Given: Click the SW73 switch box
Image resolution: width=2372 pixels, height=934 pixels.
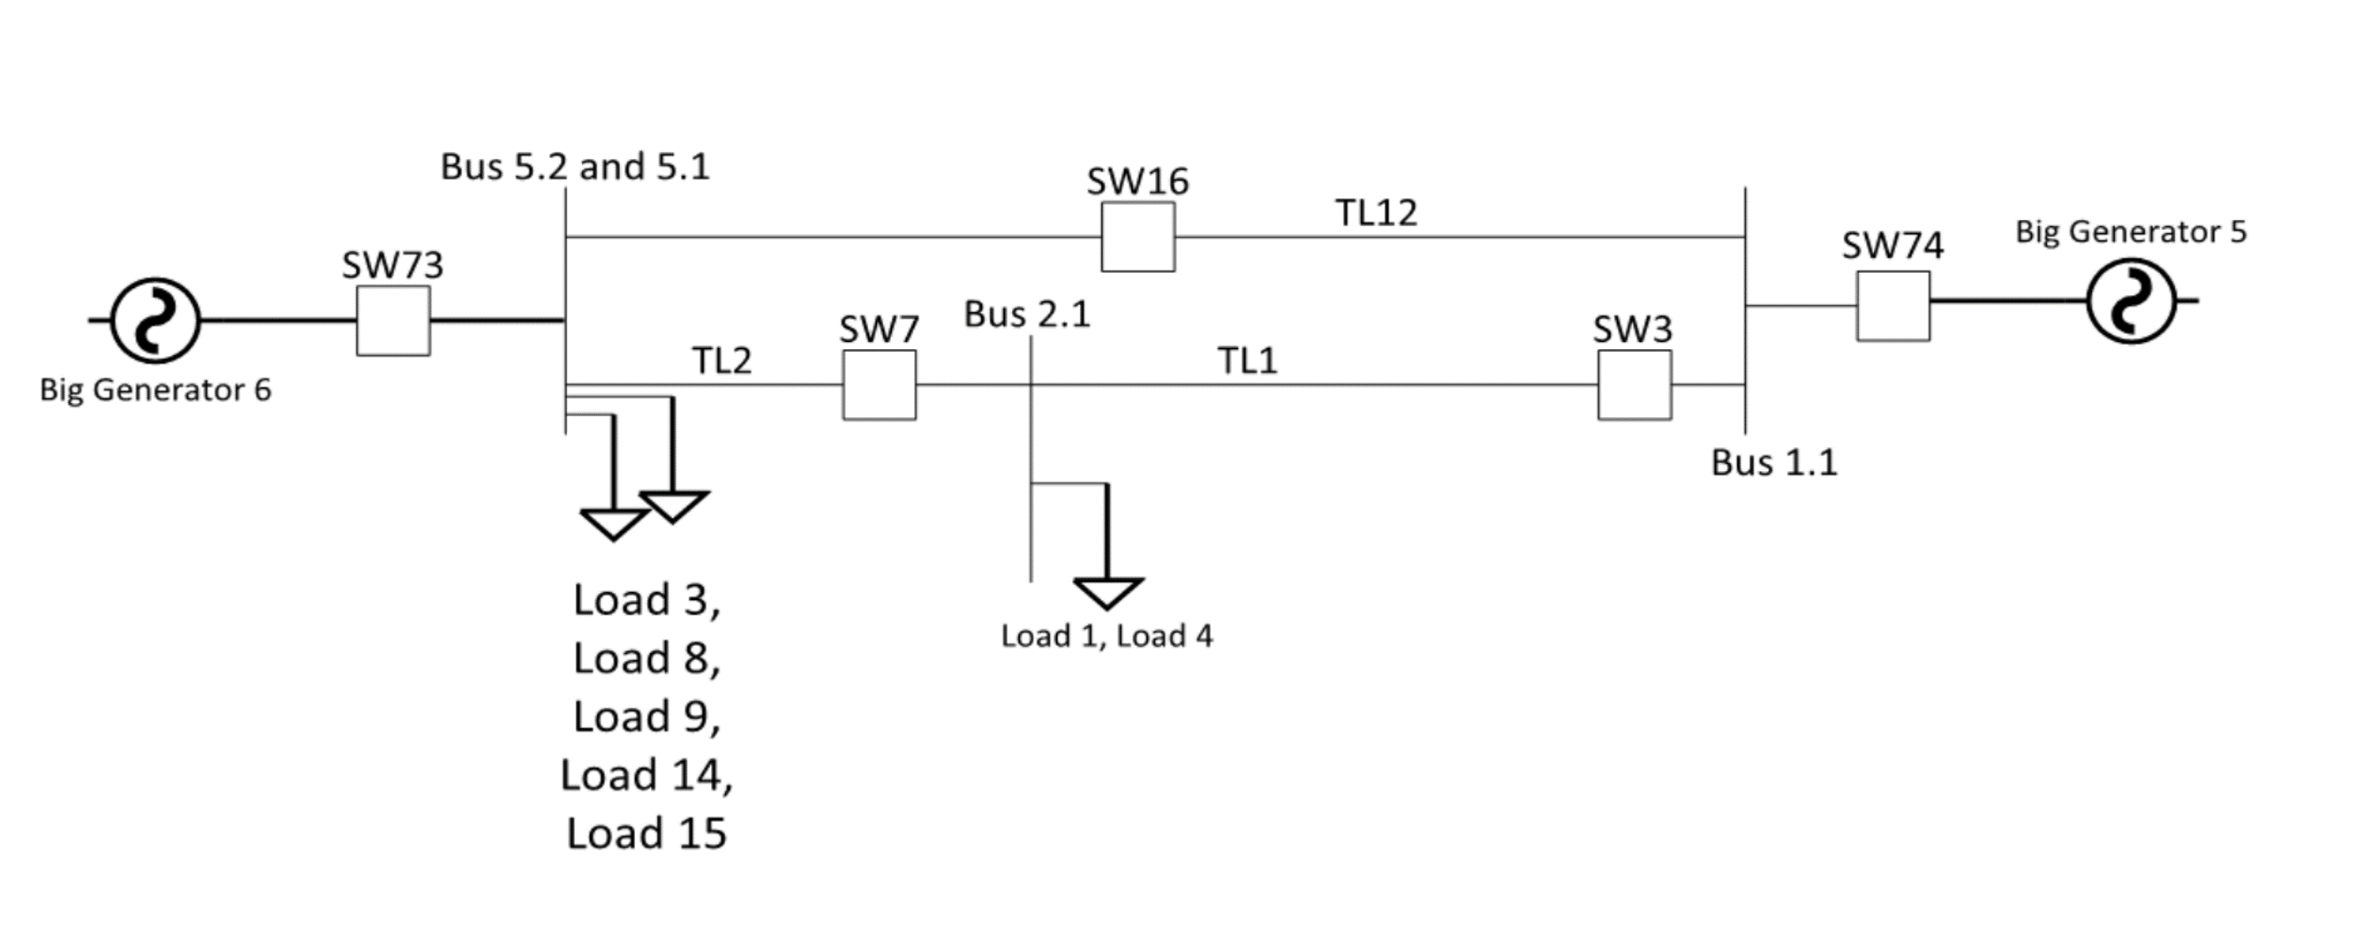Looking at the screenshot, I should pos(393,321).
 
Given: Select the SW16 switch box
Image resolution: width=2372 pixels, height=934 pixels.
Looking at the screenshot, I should pos(1138,237).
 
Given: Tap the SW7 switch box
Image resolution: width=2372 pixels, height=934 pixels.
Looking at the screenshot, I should pos(880,385).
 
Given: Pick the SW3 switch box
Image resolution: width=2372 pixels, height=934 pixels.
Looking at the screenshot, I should pos(1635,385).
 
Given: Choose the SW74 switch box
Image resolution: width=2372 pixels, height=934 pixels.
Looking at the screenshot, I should pos(1893,306).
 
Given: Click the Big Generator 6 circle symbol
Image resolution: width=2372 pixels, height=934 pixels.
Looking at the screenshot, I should pos(155,321).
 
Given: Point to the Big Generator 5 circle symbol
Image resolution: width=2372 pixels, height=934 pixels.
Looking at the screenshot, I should pos(2132,301).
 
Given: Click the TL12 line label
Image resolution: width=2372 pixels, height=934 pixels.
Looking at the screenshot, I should pos(1377,213).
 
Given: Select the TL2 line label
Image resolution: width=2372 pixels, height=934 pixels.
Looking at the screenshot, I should pos(721,361).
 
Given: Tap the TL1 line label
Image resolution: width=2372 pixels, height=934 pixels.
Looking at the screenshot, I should pos(1248,361).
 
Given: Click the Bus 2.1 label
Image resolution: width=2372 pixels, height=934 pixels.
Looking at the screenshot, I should pos(1027,314).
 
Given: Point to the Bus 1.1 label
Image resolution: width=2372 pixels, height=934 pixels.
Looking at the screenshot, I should pos(1773,462).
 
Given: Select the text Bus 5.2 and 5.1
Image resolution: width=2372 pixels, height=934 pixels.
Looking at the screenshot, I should pos(576,167).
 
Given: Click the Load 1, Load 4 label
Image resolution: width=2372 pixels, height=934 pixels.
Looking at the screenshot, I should pos(1107,635).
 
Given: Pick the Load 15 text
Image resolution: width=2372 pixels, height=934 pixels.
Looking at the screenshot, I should pos(646,832).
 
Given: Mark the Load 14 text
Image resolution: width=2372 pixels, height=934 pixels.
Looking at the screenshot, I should pos(646,775).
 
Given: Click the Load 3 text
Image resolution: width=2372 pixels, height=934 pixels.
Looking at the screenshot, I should pos(646,600).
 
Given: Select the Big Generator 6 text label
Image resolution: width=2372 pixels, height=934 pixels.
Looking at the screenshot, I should pos(155,390).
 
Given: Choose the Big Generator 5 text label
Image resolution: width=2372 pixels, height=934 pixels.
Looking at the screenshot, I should pos(2131,232).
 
